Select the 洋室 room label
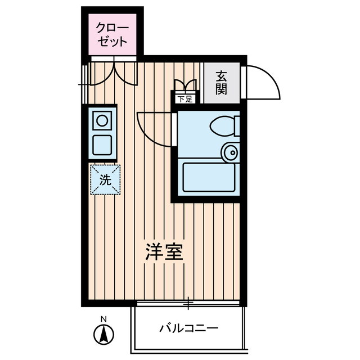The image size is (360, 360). [164, 253]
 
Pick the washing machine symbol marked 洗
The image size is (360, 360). [105, 180]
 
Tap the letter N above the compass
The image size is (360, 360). [103, 319]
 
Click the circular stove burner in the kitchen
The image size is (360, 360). [102, 120]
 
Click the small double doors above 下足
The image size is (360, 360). [185, 86]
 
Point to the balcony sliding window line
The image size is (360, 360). [189, 304]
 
